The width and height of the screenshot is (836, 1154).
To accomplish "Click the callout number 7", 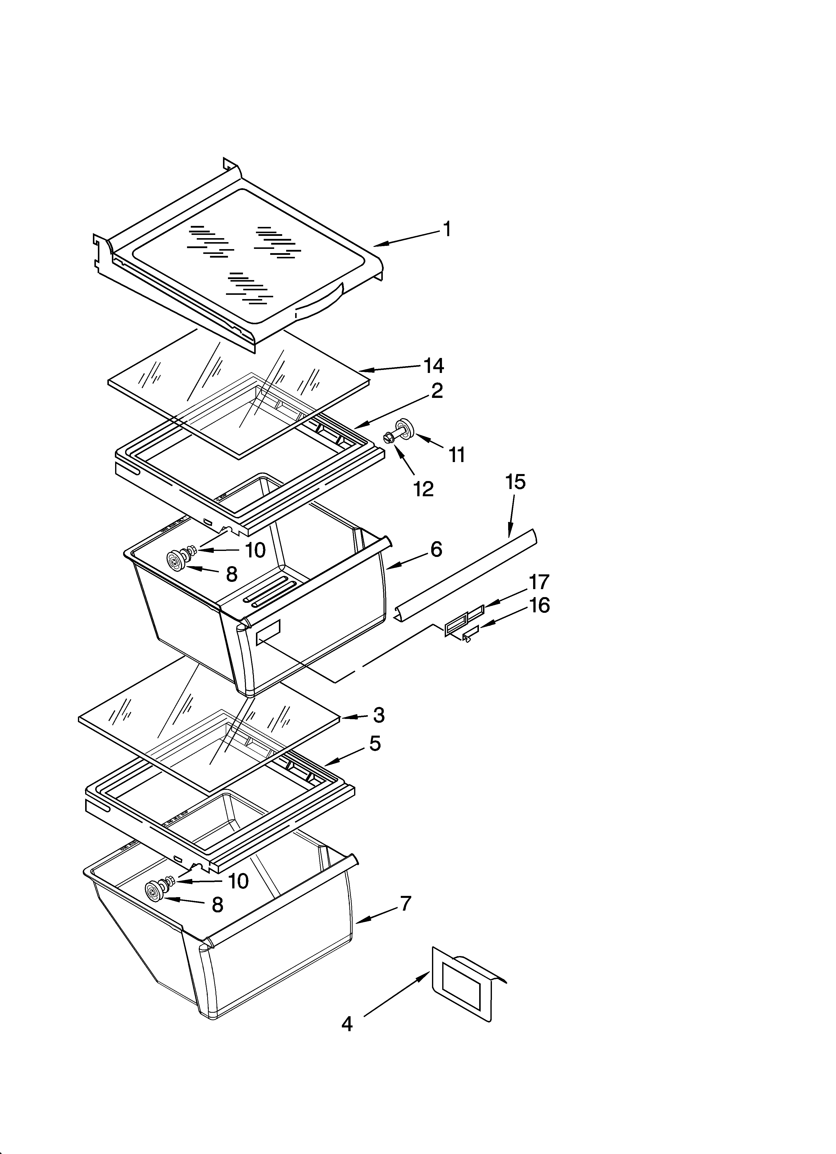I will coord(405,903).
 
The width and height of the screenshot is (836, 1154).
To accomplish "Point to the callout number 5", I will coord(375,743).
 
